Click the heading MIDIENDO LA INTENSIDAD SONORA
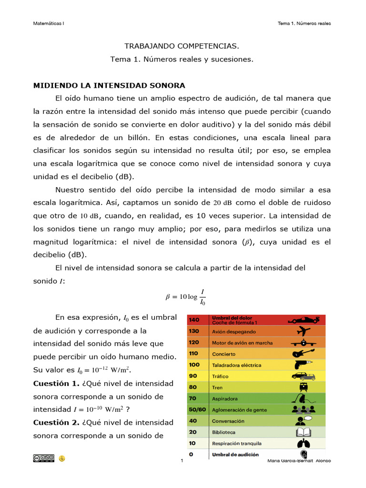tap(109, 86)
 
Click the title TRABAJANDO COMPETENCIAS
tap(182, 46)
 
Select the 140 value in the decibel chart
tap(194, 319)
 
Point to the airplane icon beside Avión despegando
tap(304, 331)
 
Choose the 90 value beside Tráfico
tap(193, 376)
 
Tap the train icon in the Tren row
tap(303, 387)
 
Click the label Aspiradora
tap(225, 398)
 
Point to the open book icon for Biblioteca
tap(304, 432)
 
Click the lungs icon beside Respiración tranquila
tap(304, 444)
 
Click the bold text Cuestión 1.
tap(52, 383)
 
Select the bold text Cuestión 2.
tap(52, 422)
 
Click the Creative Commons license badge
tap(43, 458)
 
